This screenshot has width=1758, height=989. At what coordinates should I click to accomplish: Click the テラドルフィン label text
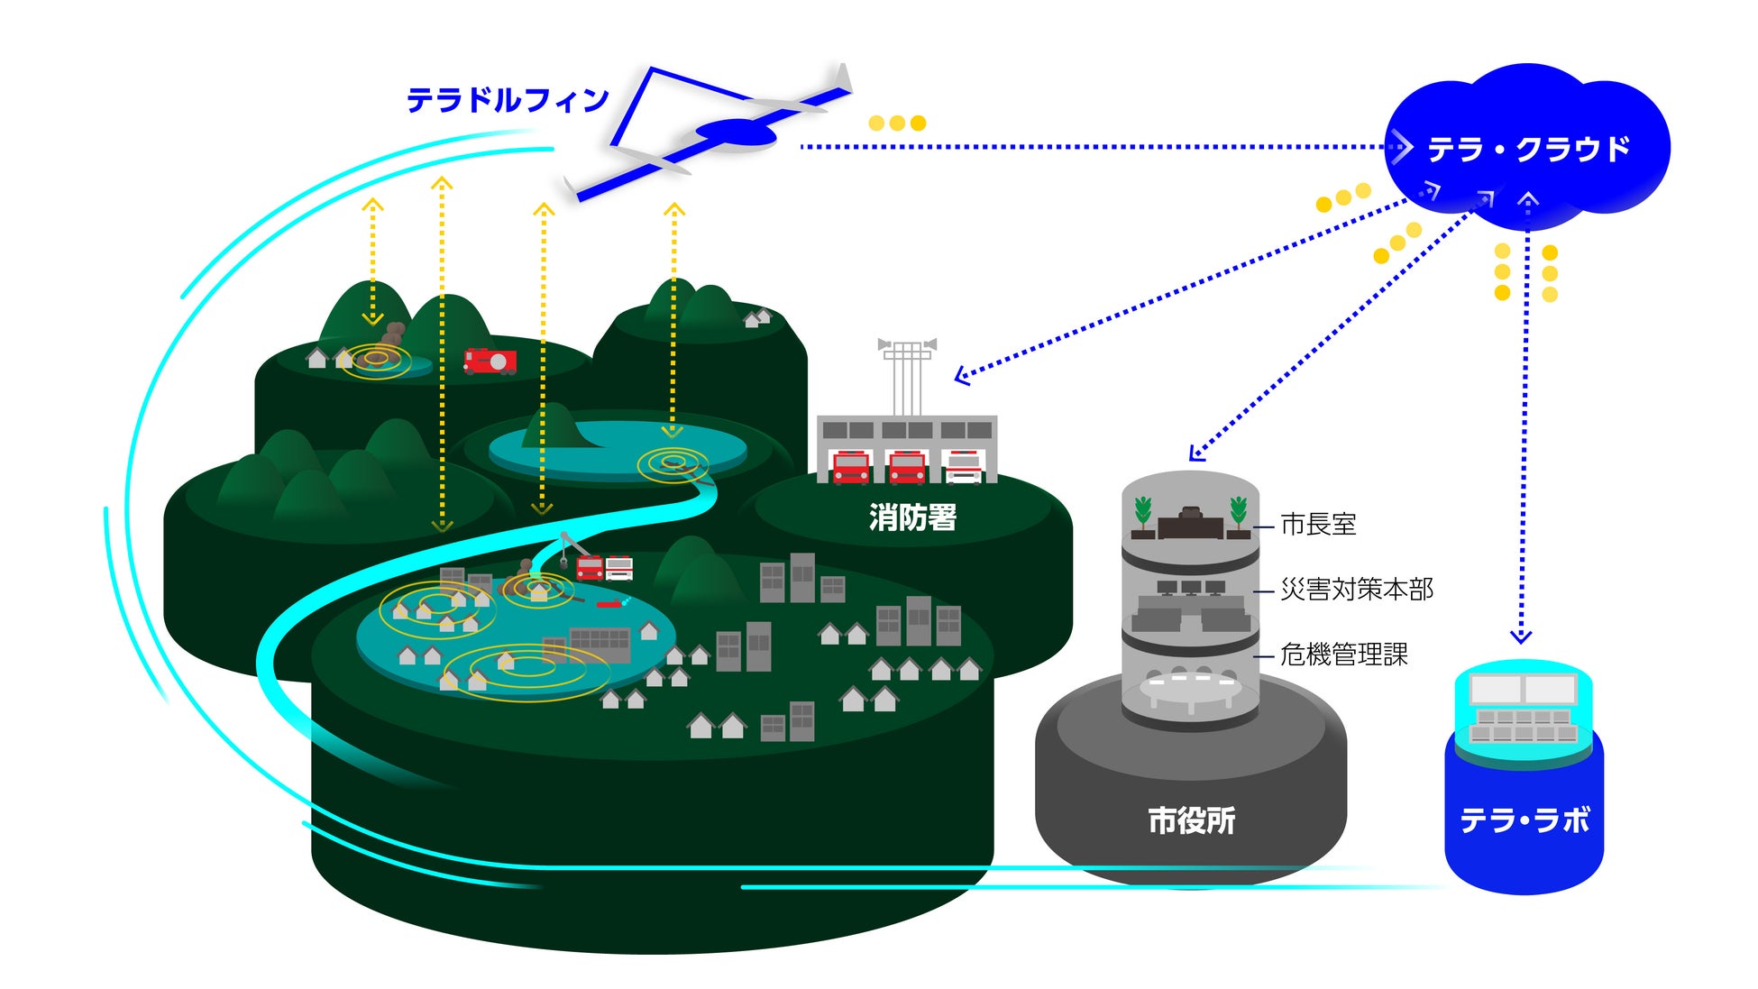coord(508,100)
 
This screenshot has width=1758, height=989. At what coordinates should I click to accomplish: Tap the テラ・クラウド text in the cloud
coord(1529,149)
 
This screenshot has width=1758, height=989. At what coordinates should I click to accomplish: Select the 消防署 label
coord(912,517)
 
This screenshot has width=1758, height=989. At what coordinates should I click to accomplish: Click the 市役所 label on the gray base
coord(1191,820)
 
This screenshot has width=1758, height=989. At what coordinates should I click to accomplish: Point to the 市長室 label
coord(1318,524)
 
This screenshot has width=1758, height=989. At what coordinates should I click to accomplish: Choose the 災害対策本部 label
coord(1356,590)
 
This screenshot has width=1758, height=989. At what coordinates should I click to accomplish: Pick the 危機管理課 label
coord(1343,655)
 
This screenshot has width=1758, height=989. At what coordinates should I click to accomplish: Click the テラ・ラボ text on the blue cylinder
coord(1525,820)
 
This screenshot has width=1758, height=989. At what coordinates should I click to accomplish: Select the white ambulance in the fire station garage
coord(963,467)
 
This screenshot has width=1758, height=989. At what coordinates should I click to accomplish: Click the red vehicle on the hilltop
coord(490,361)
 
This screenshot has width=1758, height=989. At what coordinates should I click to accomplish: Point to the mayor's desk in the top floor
coord(1191,524)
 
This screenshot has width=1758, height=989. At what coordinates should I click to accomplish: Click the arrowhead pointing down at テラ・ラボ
coord(1521,636)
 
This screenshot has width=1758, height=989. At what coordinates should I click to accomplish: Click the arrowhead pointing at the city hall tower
coord(1196,453)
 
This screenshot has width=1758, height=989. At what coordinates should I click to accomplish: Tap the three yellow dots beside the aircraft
coord(897,123)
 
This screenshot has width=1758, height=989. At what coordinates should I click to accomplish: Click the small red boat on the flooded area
coord(611,602)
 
